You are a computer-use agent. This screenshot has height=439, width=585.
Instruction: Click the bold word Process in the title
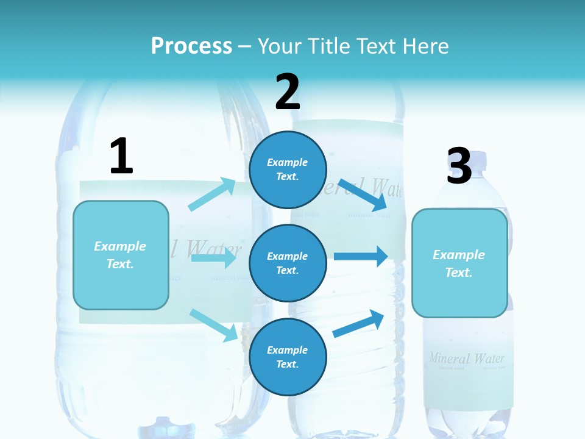pyautogui.click(x=191, y=46)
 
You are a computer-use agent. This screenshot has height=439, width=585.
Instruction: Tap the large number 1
pyautogui.click(x=121, y=156)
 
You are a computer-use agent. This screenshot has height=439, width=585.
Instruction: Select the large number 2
pyautogui.click(x=288, y=91)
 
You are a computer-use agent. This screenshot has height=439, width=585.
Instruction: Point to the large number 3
pyautogui.click(x=459, y=166)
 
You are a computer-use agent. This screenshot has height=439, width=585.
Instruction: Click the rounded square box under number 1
pyautogui.click(x=121, y=255)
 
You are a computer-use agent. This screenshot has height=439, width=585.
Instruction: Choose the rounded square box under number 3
pyautogui.click(x=459, y=263)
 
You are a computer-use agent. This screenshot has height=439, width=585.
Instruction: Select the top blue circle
pyautogui.click(x=288, y=170)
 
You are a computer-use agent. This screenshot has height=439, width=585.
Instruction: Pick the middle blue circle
pyautogui.click(x=288, y=263)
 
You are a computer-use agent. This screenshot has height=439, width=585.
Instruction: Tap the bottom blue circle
pyautogui.click(x=288, y=357)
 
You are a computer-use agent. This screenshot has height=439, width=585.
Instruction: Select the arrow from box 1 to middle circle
pyautogui.click(x=213, y=258)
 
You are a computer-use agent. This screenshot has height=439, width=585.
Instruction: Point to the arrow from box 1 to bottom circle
pyautogui.click(x=214, y=325)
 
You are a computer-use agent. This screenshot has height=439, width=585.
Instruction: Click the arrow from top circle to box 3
pyautogui.click(x=363, y=195)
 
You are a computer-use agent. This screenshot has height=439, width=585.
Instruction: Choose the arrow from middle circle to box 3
pyautogui.click(x=361, y=256)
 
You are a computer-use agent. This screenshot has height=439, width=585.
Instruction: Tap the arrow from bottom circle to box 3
pyautogui.click(x=359, y=323)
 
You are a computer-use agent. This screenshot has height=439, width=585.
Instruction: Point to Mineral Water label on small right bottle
pyautogui.click(x=467, y=359)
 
